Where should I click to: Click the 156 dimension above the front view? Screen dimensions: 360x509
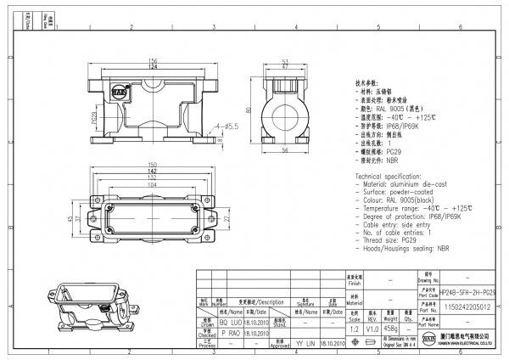(x=154, y=59)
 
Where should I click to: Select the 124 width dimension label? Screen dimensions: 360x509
(x=154, y=66)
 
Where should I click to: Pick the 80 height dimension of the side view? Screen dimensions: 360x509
(x=249, y=110)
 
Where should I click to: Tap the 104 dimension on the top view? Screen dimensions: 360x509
(x=153, y=183)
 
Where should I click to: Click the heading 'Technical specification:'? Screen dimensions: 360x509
(x=392, y=173)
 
